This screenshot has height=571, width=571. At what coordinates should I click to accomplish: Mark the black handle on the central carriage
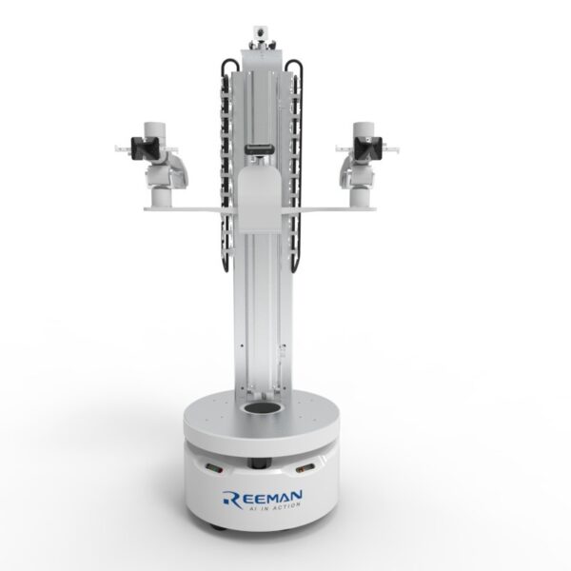(258, 149)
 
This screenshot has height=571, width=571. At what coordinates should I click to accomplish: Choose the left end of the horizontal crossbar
(145, 206)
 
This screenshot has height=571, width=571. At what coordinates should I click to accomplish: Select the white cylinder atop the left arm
(152, 128)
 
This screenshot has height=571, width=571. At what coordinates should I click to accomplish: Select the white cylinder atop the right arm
(361, 128)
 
